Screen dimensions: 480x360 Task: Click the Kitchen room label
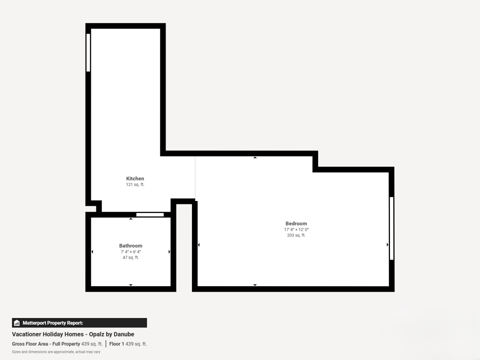(x=135, y=178)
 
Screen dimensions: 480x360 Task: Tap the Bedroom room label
(x=296, y=223)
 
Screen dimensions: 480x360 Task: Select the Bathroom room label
(x=130, y=246)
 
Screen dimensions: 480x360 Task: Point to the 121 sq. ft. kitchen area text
(x=135, y=184)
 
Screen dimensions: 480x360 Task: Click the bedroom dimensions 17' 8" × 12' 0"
(x=296, y=229)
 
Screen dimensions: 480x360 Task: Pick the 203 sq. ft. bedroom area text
(x=296, y=235)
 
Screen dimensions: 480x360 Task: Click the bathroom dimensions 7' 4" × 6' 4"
(x=130, y=252)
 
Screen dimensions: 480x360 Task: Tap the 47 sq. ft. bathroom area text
(x=130, y=258)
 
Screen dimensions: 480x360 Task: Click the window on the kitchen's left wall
(x=88, y=52)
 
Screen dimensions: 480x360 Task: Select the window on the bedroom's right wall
(x=391, y=228)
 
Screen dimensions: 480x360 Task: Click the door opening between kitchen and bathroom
(x=150, y=214)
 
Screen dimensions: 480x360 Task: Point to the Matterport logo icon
(x=17, y=323)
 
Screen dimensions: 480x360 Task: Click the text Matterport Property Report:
(x=53, y=323)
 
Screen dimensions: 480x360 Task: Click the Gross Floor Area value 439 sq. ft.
(x=92, y=344)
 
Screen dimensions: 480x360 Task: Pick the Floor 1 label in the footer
(x=117, y=344)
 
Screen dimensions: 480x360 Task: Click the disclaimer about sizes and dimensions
(x=56, y=352)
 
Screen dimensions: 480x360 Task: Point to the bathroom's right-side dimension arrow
(x=169, y=252)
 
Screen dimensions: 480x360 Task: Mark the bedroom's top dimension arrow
(x=255, y=157)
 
